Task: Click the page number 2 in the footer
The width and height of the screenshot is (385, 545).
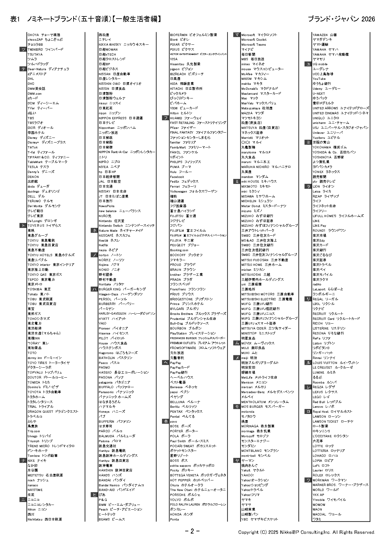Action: tap(192, 531)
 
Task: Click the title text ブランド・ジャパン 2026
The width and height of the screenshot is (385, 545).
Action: tap(341, 19)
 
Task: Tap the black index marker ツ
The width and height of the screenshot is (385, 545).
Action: tap(23, 49)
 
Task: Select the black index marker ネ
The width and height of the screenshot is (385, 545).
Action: tap(94, 230)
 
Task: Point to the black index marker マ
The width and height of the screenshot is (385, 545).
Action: tap(237, 35)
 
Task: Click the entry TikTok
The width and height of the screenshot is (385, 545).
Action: tap(33, 147)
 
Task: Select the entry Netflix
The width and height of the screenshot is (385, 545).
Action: tap(103, 245)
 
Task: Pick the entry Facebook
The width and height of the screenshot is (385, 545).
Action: tap(177, 177)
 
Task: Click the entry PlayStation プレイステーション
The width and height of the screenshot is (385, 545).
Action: tap(192, 333)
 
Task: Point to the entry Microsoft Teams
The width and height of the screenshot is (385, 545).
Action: tap(253, 44)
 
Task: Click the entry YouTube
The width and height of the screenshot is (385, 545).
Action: tap(319, 79)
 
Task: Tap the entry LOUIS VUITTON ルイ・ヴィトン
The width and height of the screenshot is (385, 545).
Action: tap(335, 363)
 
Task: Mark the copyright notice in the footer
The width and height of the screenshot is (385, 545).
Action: tap(306, 532)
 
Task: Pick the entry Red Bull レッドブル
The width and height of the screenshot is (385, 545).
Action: tap(327, 402)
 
